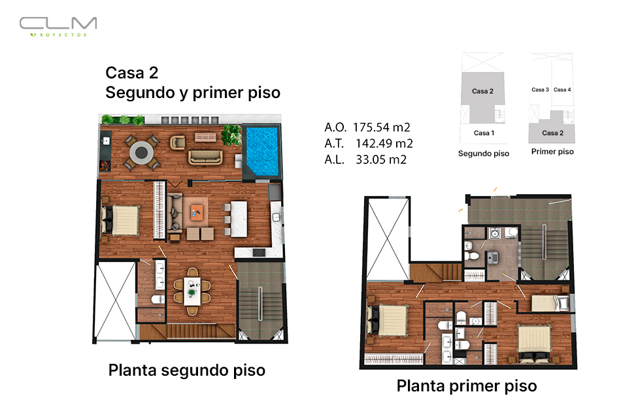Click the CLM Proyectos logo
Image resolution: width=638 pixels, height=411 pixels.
pos(58,27)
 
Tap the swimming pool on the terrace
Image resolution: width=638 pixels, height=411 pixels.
pos(262,150)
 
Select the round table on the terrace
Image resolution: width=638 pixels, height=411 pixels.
pos(141,153)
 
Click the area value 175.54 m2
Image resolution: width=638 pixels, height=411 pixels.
pos(381,127)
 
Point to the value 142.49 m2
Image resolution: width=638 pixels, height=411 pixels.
pos(384,143)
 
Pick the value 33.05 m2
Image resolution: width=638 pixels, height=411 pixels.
pos(381,159)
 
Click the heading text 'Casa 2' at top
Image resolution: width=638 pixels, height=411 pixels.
pos(132,73)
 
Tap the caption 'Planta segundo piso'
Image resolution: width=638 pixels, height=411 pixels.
pos(187,370)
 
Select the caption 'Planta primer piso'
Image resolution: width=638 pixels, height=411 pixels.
pos(467,386)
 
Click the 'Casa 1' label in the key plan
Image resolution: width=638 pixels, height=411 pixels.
pos(484,133)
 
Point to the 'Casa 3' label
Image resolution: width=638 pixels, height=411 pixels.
pos(540,90)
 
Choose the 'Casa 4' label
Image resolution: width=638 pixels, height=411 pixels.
pos(562,90)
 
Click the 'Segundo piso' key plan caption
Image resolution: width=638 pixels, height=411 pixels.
pos(483,154)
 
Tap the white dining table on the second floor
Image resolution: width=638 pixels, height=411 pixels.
pos(192,291)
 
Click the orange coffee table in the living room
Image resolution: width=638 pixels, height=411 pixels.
pos(197,212)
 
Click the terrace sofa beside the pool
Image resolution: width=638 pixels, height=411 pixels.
pos(205,157)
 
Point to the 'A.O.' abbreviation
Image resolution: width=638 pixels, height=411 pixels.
pos(335,127)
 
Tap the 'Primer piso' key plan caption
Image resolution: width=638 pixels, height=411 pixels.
pos(552,152)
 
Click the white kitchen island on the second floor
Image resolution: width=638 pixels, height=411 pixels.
pos(239,219)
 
